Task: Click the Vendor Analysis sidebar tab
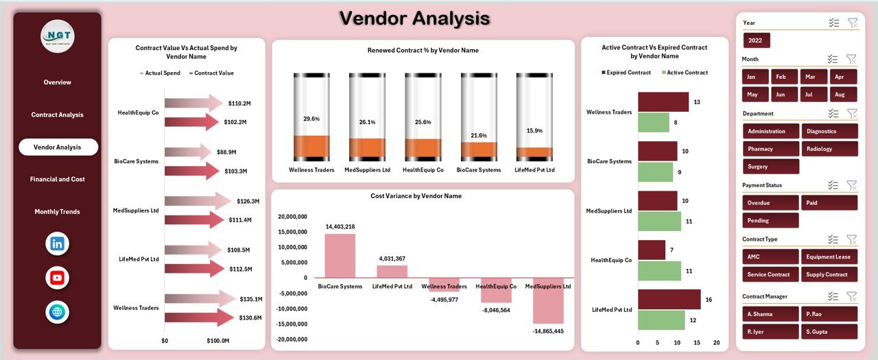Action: coord(58,147)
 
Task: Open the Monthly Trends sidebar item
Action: coord(58,211)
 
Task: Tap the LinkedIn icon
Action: coord(58,243)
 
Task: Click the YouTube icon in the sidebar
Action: coord(58,278)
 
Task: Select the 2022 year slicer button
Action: coord(757,40)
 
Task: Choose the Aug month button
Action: coord(843,95)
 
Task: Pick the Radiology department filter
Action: coord(829,149)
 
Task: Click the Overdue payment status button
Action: coord(770,203)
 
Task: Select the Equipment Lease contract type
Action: coord(829,256)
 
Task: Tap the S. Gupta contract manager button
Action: coord(829,332)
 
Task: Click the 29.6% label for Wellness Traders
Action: coord(311,119)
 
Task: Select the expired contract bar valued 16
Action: coord(669,300)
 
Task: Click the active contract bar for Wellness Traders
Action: coord(653,123)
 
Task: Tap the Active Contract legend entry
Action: coord(685,73)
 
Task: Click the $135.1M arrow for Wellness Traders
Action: coord(200,298)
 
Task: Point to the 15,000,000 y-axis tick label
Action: coord(293,232)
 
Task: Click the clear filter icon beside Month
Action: coord(853,59)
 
